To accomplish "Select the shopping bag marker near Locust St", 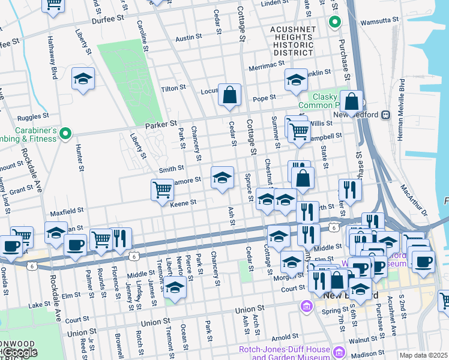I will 229,95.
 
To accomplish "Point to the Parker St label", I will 161,125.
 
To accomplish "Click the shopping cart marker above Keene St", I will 162,190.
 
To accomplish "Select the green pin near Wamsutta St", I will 334,23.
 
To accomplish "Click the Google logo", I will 20,352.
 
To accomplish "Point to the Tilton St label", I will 173,88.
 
